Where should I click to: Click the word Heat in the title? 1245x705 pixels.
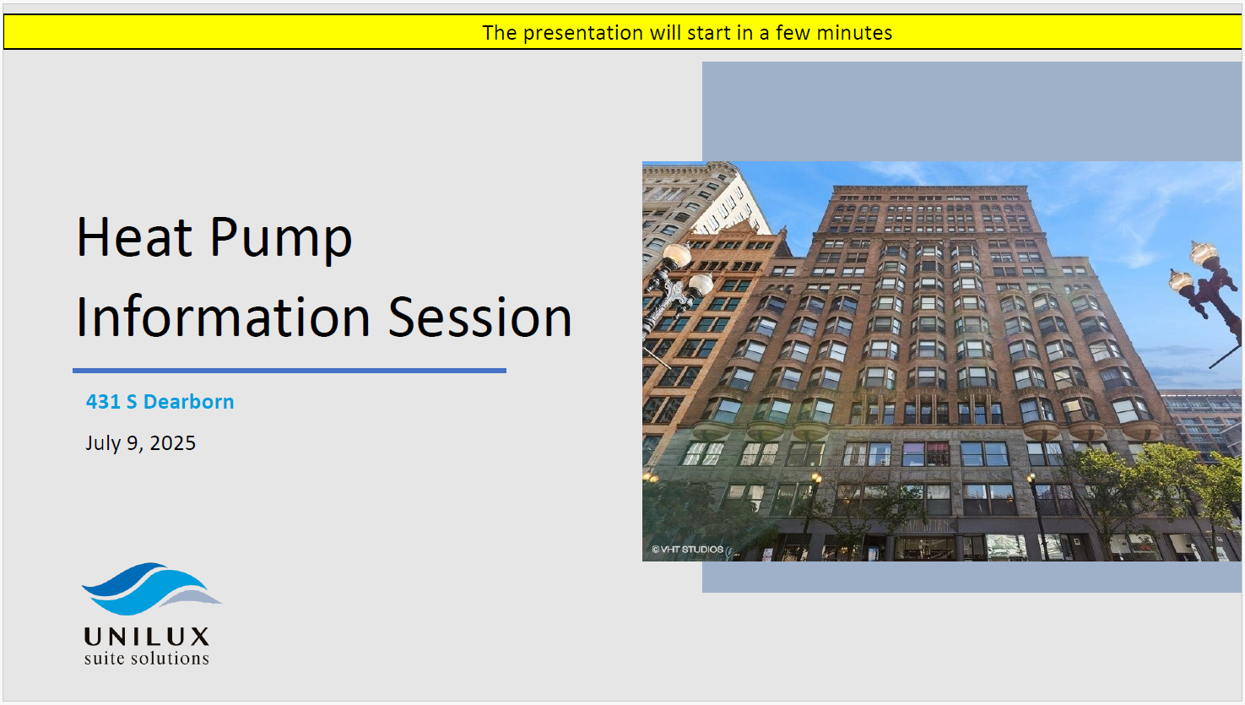[x=134, y=237]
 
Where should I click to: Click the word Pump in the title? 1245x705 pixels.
[x=281, y=240]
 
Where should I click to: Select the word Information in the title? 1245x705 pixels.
[x=223, y=317]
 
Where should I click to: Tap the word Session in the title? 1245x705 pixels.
[x=479, y=317]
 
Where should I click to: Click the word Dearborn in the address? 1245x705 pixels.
[x=188, y=401]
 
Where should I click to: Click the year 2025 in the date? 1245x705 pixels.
[x=172, y=443]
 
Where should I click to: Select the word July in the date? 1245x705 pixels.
[x=103, y=443]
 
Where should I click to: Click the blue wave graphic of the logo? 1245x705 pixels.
[x=151, y=588]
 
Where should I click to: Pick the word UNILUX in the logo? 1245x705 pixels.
[x=147, y=637]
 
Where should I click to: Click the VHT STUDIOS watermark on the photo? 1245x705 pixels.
[x=688, y=550]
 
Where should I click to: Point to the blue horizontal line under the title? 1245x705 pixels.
[x=289, y=371]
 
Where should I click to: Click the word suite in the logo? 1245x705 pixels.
[x=105, y=659]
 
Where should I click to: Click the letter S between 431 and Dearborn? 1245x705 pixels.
[x=132, y=401]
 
